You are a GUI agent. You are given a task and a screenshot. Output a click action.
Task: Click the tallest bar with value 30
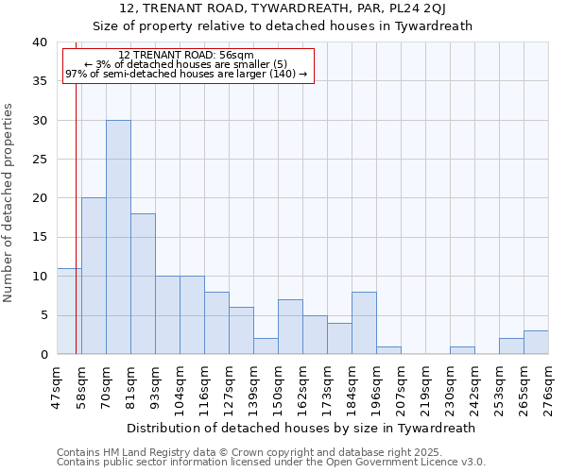(118, 237)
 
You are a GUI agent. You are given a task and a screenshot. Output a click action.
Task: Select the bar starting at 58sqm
(94, 276)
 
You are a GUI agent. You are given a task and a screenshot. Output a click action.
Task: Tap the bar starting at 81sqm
(143, 283)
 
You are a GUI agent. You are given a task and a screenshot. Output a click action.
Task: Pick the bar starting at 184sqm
(364, 323)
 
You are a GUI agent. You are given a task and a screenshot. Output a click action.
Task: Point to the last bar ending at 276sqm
(536, 343)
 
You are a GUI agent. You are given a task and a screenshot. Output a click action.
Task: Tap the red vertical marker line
(76, 236)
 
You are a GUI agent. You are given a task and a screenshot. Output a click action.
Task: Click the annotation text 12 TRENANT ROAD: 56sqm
(186, 56)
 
